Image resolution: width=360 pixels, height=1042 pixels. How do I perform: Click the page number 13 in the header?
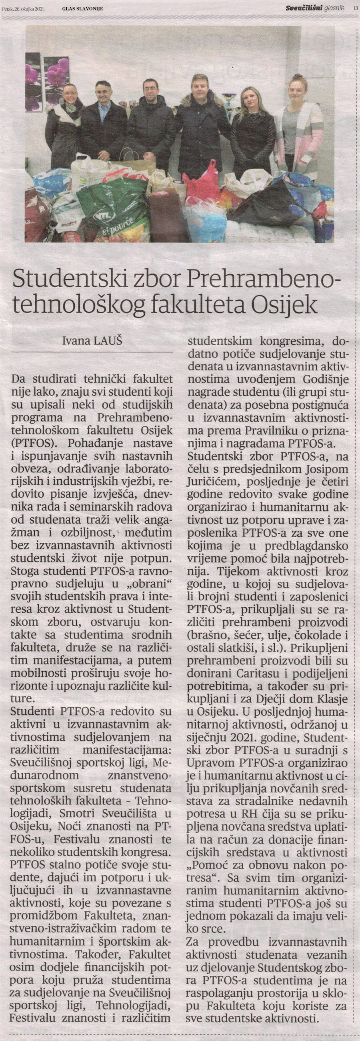coord(356,7)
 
